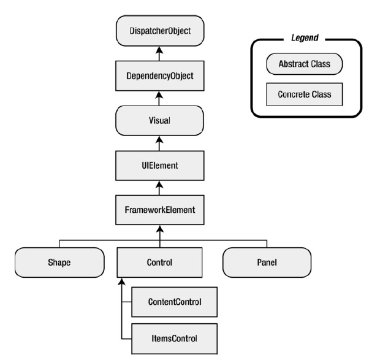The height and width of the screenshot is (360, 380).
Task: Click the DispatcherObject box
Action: coord(160,31)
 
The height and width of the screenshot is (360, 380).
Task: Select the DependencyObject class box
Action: coord(160,76)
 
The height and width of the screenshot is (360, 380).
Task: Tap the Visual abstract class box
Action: coord(160,120)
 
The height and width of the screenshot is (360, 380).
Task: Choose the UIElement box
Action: coord(160,166)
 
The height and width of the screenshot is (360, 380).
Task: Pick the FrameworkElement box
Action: coord(160,210)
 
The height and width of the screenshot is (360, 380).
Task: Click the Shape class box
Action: coord(59,262)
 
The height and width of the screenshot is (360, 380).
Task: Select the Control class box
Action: coord(160,262)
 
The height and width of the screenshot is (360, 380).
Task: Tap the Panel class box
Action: coord(267,262)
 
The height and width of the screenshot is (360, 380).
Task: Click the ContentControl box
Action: coord(175,302)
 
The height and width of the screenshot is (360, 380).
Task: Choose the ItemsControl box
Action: coord(175,339)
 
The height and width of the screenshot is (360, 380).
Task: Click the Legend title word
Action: coord(305,38)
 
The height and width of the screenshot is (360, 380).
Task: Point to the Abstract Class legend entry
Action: coord(305,64)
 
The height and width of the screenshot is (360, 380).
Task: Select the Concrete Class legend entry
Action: coord(305,94)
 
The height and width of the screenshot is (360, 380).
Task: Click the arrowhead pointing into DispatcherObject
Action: coord(159,50)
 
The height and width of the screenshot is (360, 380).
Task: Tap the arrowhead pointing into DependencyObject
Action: coord(159,95)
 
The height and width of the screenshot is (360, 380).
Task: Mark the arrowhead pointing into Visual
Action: coord(159,140)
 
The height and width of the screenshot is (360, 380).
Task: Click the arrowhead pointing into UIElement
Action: coord(159,185)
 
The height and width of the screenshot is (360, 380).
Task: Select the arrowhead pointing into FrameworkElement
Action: coord(160,229)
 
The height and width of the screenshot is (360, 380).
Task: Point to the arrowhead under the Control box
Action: coord(122,281)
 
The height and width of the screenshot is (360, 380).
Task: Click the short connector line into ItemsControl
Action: coord(126,339)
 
